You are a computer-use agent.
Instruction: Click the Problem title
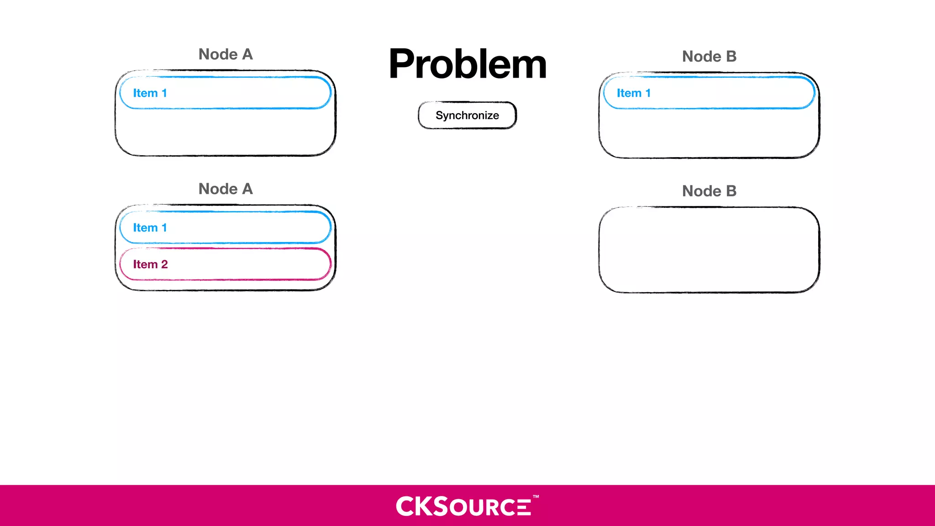click(x=467, y=64)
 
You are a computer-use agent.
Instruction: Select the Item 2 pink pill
click(x=225, y=264)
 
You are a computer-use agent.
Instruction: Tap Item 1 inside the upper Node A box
click(x=225, y=93)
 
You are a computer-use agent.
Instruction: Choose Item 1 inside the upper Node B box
click(x=709, y=93)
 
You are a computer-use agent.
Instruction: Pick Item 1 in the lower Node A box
click(x=225, y=227)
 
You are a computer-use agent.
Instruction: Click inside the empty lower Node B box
click(x=709, y=250)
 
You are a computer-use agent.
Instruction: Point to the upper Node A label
click(x=226, y=54)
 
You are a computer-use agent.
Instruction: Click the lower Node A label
click(x=226, y=189)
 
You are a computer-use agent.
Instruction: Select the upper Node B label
click(x=709, y=57)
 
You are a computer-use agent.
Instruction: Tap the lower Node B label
click(x=709, y=191)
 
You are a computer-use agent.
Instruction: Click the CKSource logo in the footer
click(x=464, y=506)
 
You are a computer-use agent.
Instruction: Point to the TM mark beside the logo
click(x=536, y=496)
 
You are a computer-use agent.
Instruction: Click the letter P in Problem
click(x=404, y=64)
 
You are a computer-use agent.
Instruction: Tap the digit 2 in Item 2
click(x=164, y=264)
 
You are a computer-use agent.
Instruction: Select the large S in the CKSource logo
click(x=440, y=506)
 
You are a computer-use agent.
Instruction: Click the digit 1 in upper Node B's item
click(x=648, y=93)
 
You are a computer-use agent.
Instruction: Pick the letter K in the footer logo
click(x=423, y=506)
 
